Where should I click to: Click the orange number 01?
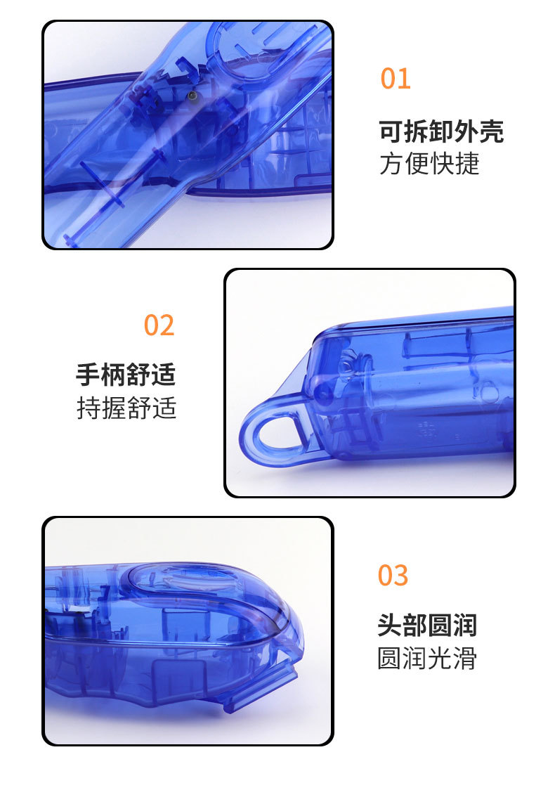point(396,79)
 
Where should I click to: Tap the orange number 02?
point(159,325)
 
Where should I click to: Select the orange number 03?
point(393,576)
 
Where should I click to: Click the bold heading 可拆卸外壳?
point(441,131)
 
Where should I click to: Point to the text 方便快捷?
point(429,164)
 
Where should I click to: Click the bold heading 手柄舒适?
point(126,375)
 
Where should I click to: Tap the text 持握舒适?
point(126,408)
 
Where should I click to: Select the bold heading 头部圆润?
point(427,626)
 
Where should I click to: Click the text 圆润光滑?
point(427,658)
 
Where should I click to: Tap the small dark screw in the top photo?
point(191,95)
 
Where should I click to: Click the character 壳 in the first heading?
point(492,131)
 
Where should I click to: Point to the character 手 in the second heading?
point(88,375)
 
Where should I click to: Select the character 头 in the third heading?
point(390,626)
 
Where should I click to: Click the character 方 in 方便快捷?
point(392,164)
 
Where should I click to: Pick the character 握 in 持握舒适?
point(114,408)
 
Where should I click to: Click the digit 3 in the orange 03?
point(401,576)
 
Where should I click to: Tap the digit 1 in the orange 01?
point(405,79)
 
